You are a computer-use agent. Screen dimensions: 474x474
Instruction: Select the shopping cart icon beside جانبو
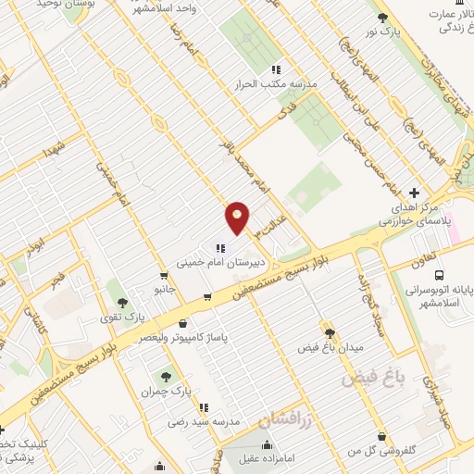[164, 275]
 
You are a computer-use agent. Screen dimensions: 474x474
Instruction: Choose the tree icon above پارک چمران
[166, 376]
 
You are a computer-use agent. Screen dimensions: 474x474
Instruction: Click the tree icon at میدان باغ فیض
[328, 331]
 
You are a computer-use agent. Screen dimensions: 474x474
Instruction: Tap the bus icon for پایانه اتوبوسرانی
[438, 275]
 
